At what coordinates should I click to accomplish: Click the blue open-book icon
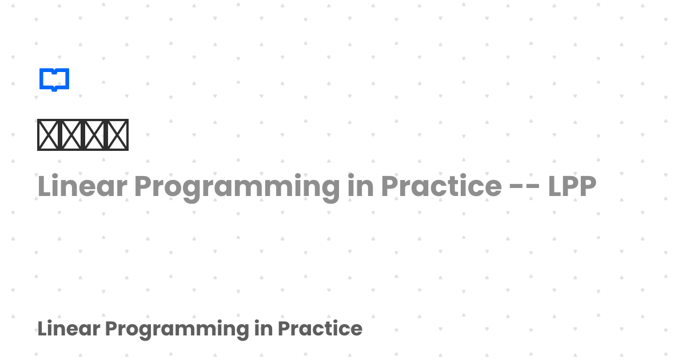click(54, 79)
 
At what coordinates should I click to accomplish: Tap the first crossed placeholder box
click(49, 135)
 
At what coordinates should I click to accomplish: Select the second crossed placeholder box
click(71, 135)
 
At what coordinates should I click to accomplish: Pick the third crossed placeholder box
click(94, 135)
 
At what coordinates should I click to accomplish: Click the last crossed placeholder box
click(117, 135)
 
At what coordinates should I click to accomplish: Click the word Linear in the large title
click(82, 186)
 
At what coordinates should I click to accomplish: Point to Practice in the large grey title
click(441, 186)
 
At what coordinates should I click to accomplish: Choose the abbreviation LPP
click(572, 186)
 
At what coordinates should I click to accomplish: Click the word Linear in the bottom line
click(68, 329)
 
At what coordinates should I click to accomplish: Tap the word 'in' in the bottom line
click(264, 329)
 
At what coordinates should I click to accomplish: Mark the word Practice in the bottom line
click(320, 329)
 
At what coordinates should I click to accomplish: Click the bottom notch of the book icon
click(54, 89)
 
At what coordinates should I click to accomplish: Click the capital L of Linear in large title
click(44, 186)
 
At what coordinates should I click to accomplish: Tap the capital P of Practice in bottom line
click(283, 329)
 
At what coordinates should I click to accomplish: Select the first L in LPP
click(555, 186)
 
